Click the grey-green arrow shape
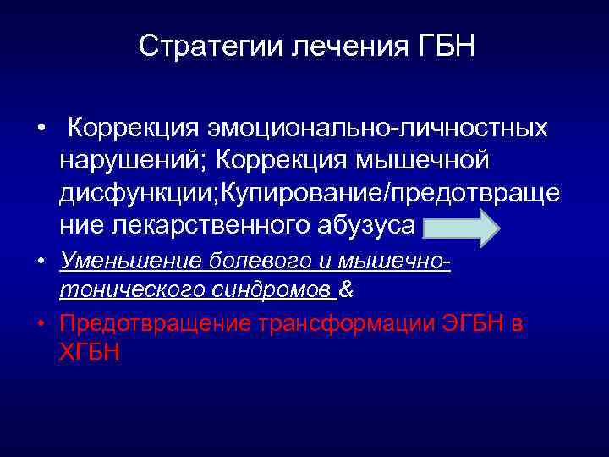462,227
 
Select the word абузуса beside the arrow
370,225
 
